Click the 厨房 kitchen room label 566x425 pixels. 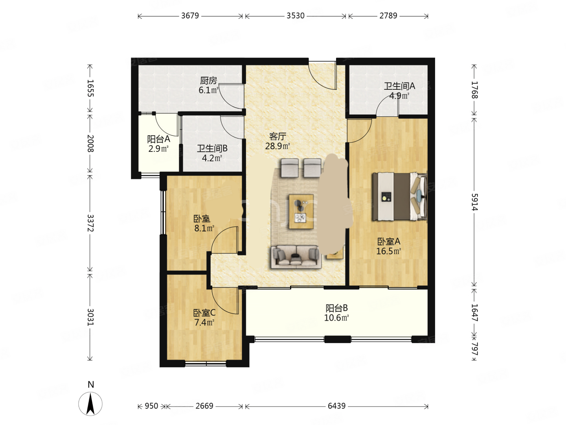point(208,81)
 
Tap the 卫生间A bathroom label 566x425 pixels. point(399,86)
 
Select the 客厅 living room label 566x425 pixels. point(277,136)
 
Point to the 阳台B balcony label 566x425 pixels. point(336,308)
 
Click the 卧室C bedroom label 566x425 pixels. point(204,313)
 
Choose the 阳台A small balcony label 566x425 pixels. point(158,139)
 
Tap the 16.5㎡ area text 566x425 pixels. point(388,251)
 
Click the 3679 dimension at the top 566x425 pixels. point(190,16)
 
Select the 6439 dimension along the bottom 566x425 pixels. point(336,406)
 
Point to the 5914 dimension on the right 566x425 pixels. point(475,202)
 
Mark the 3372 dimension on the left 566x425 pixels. point(90,223)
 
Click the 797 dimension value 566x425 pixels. point(475,349)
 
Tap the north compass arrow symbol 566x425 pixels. point(90,404)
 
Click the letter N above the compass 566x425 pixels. point(91,384)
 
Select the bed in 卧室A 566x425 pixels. point(399,197)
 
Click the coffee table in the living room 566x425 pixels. point(301,212)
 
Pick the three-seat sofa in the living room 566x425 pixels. point(296,257)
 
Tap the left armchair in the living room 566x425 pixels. point(290,168)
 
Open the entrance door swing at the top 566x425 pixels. point(323,75)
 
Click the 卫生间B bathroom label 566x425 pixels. point(212,148)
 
